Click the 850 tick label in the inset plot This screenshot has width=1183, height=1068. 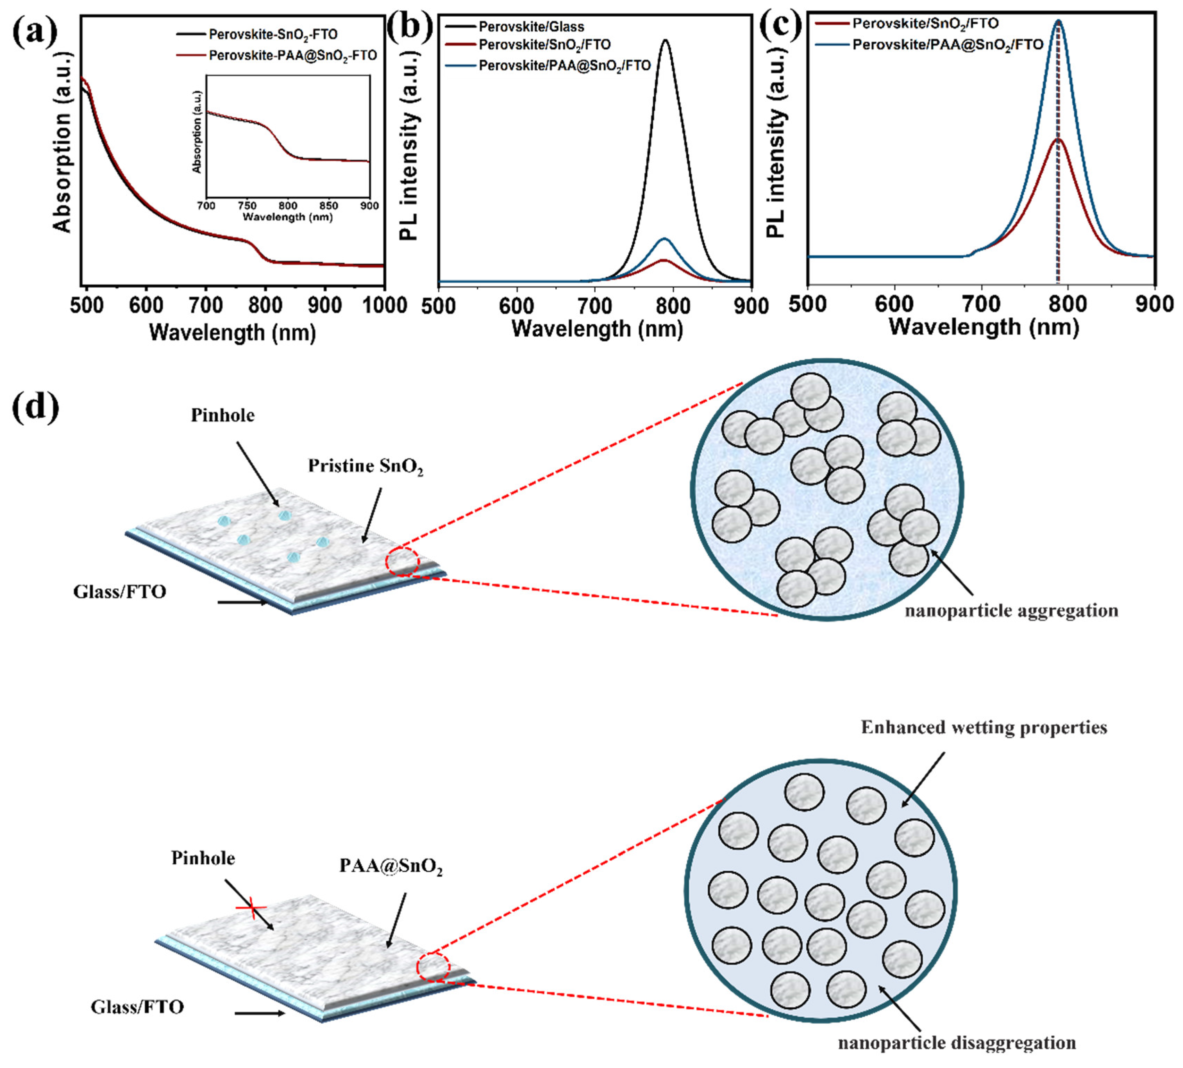pos(329,206)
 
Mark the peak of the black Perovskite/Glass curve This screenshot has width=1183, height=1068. pos(665,40)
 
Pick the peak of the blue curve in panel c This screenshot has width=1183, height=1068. pos(1059,20)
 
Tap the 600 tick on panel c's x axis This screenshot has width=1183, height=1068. pos(894,305)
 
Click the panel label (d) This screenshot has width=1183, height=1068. pos(35,407)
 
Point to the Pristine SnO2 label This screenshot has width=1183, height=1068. pos(366,466)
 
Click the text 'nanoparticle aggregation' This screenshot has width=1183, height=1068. pos(1011,611)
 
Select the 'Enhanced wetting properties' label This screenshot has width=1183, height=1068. pos(984,728)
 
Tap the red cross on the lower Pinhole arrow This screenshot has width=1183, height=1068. pos(251,907)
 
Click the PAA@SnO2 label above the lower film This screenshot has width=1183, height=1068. pos(391,867)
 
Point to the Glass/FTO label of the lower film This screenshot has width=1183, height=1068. pos(137,1007)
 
